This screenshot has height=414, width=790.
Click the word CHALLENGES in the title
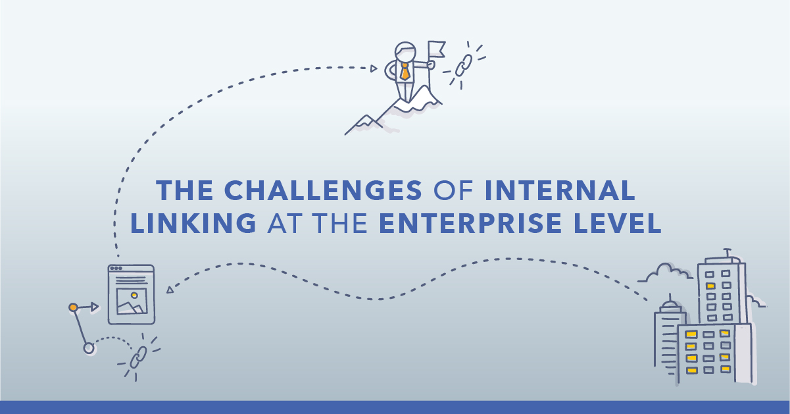pos(323,190)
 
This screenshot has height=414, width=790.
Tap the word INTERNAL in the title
pos(560,190)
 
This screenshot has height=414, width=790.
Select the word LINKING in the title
pos(193,222)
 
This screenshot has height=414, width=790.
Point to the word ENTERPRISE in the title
pos(470,222)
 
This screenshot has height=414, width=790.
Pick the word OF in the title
pos(453,190)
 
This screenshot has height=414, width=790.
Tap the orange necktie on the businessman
pos(405,71)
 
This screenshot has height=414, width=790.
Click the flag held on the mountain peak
pos(437,49)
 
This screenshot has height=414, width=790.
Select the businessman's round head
pos(405,51)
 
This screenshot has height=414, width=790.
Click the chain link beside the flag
pos(464,65)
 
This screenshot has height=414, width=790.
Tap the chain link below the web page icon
pos(138,357)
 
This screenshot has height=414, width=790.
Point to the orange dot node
pos(73,307)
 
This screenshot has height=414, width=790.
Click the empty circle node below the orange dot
pos(89,348)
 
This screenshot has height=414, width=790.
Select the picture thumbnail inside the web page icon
pos(132,301)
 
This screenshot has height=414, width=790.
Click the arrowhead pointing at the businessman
pos(374,68)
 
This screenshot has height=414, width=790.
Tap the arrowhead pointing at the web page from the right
pos(170,290)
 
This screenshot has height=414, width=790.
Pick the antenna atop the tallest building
pos(728,252)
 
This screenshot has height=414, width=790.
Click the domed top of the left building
pos(670,305)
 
